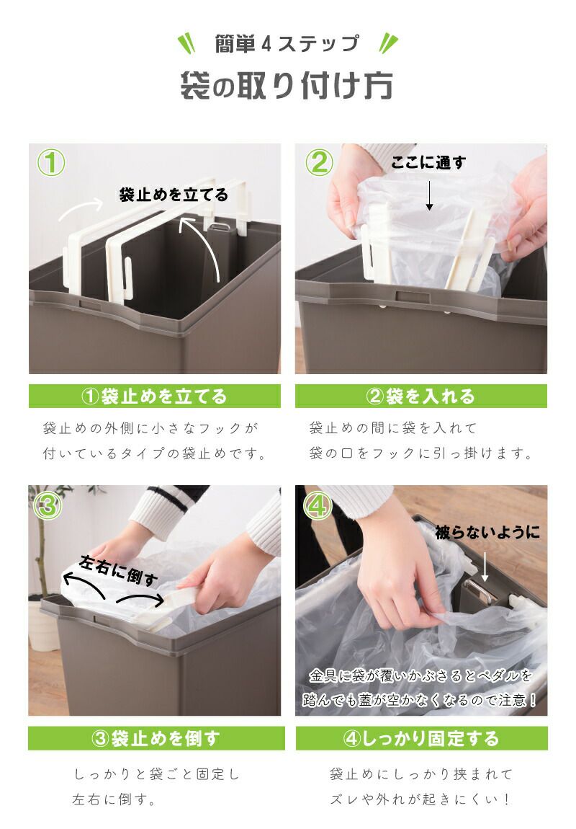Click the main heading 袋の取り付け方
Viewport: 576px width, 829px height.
pyautogui.click(x=287, y=86)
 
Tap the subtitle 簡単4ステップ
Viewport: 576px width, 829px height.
pyautogui.click(x=287, y=43)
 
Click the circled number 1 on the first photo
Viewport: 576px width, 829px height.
pyautogui.click(x=51, y=162)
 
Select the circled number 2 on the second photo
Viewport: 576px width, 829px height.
pyautogui.click(x=320, y=162)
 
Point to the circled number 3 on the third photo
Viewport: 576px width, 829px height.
pyautogui.click(x=48, y=505)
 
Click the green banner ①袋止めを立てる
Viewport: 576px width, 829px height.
pyautogui.click(x=155, y=396)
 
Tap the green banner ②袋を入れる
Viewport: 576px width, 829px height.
pyautogui.click(x=420, y=396)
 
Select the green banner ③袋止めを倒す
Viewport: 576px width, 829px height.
pyautogui.click(x=156, y=738)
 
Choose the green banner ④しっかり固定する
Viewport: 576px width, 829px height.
pyautogui.click(x=421, y=738)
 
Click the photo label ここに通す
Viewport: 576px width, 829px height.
pyautogui.click(x=428, y=163)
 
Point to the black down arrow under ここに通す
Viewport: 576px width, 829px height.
pyautogui.click(x=429, y=195)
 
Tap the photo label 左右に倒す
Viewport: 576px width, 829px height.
pyautogui.click(x=118, y=570)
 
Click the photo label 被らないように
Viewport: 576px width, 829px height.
pyautogui.click(x=487, y=532)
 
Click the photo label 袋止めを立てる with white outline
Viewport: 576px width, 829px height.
pyautogui.click(x=174, y=195)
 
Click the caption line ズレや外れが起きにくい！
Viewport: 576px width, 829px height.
pyautogui.click(x=420, y=799)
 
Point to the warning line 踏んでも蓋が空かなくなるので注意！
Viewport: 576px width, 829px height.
pyautogui.click(x=420, y=700)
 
